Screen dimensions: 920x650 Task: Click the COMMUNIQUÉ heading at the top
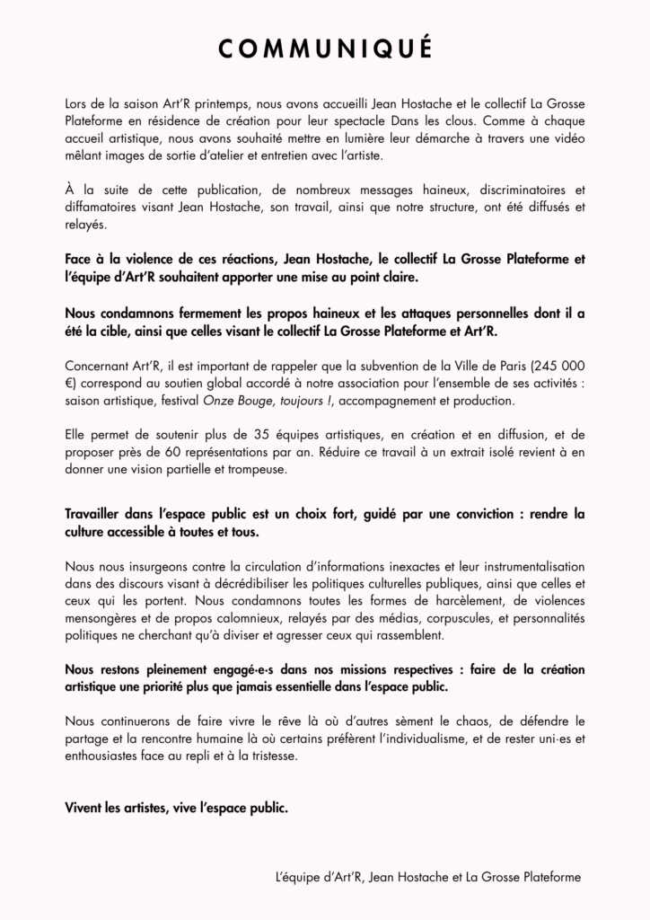point(325,47)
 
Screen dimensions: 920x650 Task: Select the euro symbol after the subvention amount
point(71,383)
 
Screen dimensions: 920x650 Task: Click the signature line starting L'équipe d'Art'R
point(428,876)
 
